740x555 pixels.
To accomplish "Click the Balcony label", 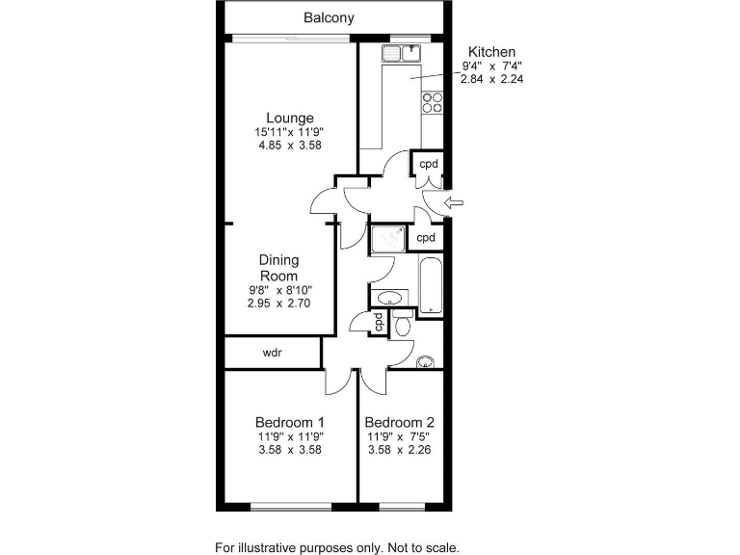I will tap(329, 17).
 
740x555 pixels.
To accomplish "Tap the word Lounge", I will tap(290, 119).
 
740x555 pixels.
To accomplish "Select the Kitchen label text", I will tap(492, 52).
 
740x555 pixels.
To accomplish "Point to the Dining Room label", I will tap(279, 267).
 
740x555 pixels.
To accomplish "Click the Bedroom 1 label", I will tap(289, 422).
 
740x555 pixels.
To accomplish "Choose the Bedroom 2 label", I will tap(400, 422).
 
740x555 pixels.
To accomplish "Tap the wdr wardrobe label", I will tap(272, 353).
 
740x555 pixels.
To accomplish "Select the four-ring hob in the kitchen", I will tap(431, 103).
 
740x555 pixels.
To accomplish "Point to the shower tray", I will tap(389, 238).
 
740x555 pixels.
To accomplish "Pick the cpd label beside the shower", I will tap(426, 237).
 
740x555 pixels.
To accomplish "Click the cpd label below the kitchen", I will tap(428, 164).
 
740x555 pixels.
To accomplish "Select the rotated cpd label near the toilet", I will tap(379, 322).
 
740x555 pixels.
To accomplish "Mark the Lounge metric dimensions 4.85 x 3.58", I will tap(289, 145).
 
